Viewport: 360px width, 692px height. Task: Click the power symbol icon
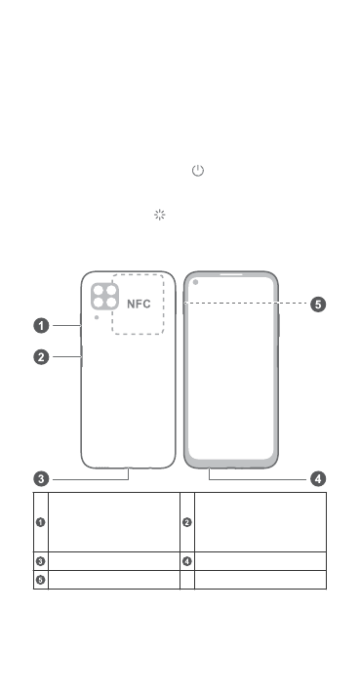point(198,171)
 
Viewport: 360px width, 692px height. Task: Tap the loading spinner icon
point(160,215)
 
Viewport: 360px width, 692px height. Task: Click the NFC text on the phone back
point(139,305)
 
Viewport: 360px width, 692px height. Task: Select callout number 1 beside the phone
point(42,326)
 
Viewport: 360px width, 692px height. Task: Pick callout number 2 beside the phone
point(42,357)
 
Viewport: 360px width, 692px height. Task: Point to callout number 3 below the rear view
point(42,479)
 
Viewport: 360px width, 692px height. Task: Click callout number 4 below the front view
point(318,479)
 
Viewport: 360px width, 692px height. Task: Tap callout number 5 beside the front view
point(318,305)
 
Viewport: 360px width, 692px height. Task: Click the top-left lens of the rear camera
point(99,291)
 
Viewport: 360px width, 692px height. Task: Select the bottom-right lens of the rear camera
point(111,303)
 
